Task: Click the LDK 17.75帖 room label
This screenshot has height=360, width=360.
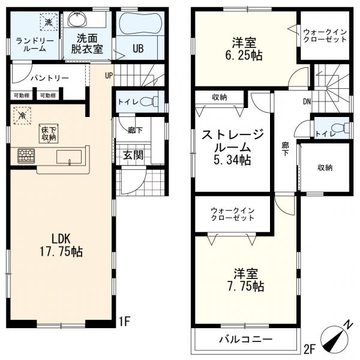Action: [x=61, y=245]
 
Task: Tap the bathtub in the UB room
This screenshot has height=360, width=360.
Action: [x=140, y=24]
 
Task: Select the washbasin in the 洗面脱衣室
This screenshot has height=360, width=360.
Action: [x=77, y=20]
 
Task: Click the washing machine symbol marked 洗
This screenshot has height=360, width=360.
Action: [x=49, y=22]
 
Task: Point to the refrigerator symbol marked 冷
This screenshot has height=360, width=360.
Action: [x=22, y=115]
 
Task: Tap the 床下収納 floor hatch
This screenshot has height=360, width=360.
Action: [x=49, y=134]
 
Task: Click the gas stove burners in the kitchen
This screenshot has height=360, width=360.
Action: [x=26, y=156]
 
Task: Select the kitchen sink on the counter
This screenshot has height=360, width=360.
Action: [x=69, y=157]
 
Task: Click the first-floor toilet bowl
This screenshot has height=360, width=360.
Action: [x=149, y=101]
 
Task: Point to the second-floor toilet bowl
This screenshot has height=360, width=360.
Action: [x=341, y=128]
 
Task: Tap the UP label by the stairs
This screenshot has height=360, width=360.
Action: [x=109, y=76]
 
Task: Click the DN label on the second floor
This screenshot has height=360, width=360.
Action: [x=307, y=101]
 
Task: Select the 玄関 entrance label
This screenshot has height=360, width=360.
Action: [x=133, y=155]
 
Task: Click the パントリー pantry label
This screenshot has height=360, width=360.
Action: [x=50, y=78]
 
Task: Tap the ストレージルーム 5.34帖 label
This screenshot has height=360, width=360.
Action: [x=232, y=147]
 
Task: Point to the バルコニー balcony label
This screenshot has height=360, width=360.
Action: [x=245, y=338]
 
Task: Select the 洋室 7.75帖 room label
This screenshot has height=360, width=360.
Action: [x=245, y=280]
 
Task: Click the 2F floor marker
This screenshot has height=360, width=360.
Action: [x=309, y=349]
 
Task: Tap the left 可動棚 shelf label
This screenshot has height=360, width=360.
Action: [x=22, y=95]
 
